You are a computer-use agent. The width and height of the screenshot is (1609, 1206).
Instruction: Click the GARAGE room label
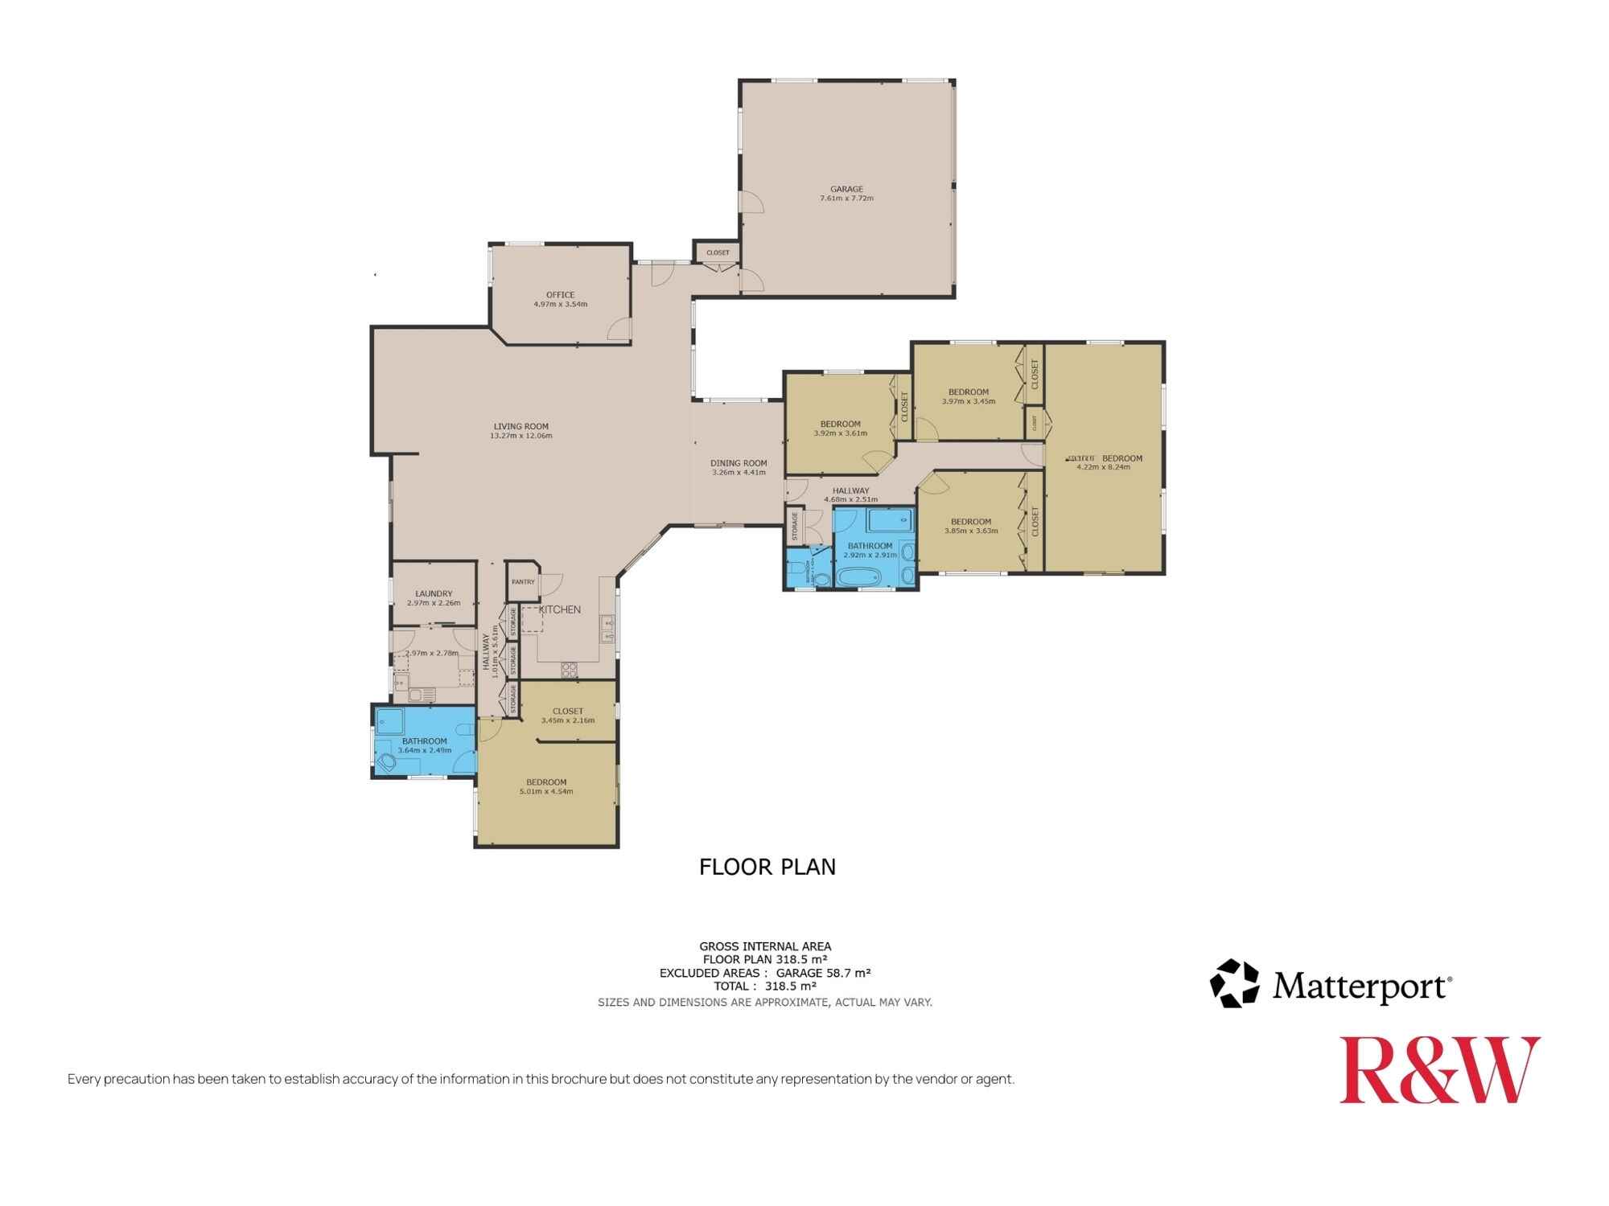846,189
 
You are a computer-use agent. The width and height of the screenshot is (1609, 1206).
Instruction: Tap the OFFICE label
560,295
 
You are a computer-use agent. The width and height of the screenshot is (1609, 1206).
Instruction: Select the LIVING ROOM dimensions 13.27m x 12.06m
521,436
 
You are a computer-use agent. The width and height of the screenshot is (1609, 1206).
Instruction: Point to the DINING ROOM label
738,463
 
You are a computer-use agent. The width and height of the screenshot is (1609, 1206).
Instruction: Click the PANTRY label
523,582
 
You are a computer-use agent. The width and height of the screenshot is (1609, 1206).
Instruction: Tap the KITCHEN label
559,609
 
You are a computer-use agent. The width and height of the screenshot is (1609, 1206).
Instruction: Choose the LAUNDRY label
434,593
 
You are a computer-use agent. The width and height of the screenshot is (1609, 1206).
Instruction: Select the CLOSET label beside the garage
718,252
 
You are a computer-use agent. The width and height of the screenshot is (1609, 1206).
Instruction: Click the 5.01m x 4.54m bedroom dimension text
546,791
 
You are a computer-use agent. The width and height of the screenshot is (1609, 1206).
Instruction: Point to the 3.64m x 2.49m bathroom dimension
424,750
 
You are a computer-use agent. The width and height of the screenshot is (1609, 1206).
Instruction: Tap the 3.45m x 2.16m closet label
567,720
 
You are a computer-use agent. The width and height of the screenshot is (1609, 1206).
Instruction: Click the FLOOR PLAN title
767,867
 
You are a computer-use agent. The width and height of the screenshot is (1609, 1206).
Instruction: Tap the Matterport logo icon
1233,982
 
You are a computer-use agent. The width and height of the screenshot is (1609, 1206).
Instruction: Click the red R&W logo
1438,1070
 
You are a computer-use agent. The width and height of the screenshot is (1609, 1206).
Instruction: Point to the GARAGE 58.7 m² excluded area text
823,973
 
